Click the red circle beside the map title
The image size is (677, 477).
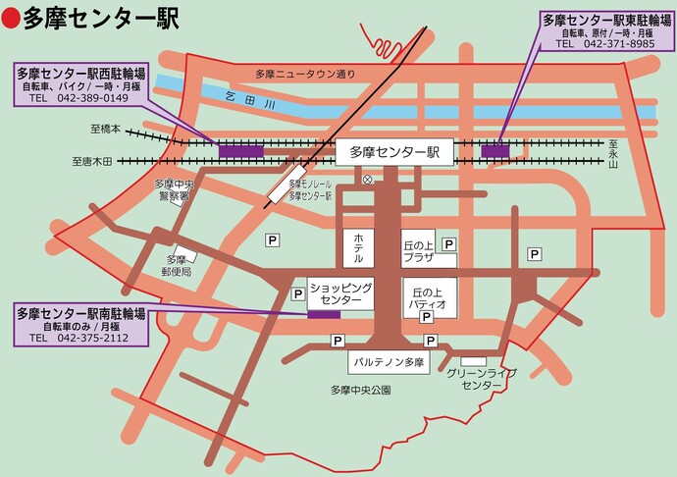point(12,18)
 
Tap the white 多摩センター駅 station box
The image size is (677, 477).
point(393,151)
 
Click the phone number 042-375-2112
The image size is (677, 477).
point(92,338)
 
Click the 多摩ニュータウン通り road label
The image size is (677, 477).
point(305,74)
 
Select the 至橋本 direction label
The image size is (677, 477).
point(104,130)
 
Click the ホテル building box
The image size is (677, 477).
point(358,247)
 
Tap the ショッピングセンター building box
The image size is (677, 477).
point(340,292)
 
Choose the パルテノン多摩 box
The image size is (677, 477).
point(391,362)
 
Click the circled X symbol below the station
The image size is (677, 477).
point(367,180)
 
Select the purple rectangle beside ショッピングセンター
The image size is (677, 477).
point(323,314)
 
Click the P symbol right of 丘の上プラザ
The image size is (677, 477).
point(447,243)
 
